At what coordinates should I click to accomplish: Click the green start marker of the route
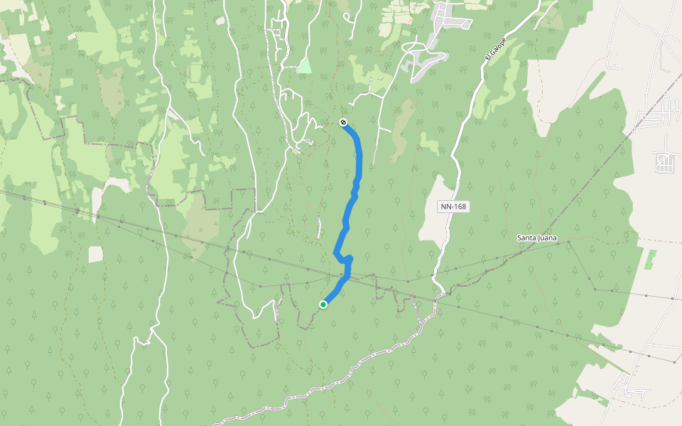323,305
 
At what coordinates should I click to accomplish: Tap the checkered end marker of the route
344,122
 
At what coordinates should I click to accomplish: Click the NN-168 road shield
453,207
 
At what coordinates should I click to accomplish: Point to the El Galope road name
495,48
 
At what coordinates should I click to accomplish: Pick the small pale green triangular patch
304,66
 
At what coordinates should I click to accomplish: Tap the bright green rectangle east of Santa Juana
650,258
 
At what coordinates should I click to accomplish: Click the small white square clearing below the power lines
96,254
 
